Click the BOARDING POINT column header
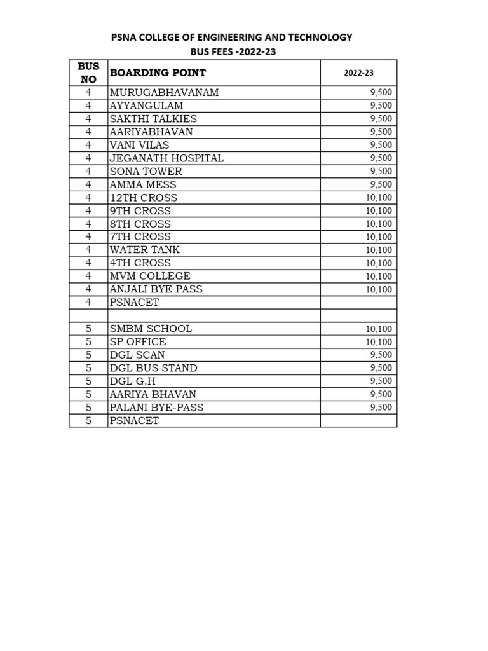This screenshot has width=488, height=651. pyautogui.click(x=158, y=73)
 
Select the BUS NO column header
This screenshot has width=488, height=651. pyautogui.click(x=88, y=73)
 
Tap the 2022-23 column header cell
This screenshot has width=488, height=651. pyautogui.click(x=358, y=73)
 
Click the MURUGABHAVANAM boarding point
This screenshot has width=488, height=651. pyautogui.click(x=164, y=93)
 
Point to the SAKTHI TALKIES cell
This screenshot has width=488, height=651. pyautogui.click(x=153, y=119)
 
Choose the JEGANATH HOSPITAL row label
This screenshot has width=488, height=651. pyautogui.click(x=166, y=158)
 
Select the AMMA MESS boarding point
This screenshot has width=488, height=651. pyautogui.click(x=142, y=184)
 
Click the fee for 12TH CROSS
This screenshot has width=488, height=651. pyautogui.click(x=379, y=198)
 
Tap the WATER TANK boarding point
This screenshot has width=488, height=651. pyautogui.click(x=145, y=250)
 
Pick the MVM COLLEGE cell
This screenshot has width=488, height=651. pyautogui.click(x=150, y=276)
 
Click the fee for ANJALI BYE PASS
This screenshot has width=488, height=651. pyautogui.click(x=379, y=290)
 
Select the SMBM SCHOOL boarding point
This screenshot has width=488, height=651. pyautogui.click(x=151, y=329)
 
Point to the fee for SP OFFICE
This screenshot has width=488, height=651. pyautogui.click(x=379, y=342)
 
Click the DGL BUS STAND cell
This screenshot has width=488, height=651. pyautogui.click(x=153, y=368)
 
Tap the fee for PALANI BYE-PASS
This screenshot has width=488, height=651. pyautogui.click(x=381, y=408)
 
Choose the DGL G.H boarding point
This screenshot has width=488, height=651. pyautogui.click(x=132, y=381)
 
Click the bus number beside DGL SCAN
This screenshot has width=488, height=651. pyautogui.click(x=88, y=355)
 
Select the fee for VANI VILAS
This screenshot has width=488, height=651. pyautogui.click(x=381, y=146)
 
